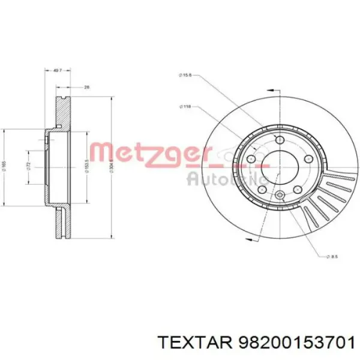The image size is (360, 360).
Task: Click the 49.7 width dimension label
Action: click(58, 71)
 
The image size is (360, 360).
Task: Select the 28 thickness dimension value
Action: click(86, 88)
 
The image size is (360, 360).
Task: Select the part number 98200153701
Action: click(295, 342)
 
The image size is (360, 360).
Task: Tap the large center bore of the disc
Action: click(278, 161)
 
